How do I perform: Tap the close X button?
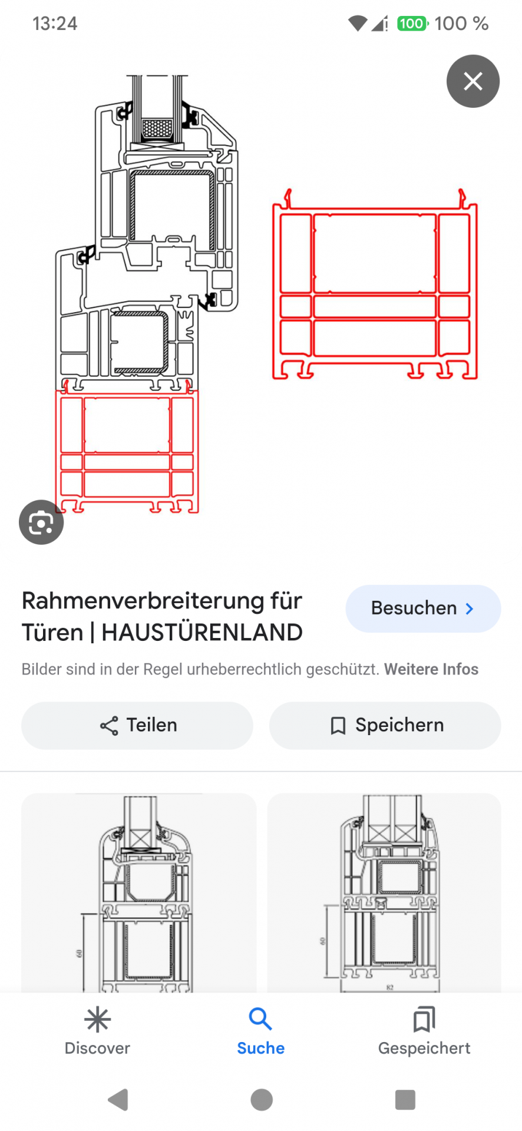473,81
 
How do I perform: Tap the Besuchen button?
423,609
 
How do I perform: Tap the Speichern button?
385,725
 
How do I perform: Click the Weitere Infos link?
431,669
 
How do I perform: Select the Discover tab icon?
97,1020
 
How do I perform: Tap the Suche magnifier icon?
260,1018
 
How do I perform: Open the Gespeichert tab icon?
424,1020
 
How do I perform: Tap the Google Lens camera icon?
41,522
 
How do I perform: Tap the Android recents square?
405,1099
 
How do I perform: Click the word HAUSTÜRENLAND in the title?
202,633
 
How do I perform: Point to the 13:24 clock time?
55,24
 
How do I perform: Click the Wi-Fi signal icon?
358,24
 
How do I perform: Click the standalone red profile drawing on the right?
375,284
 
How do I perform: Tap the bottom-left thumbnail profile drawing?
139,893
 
